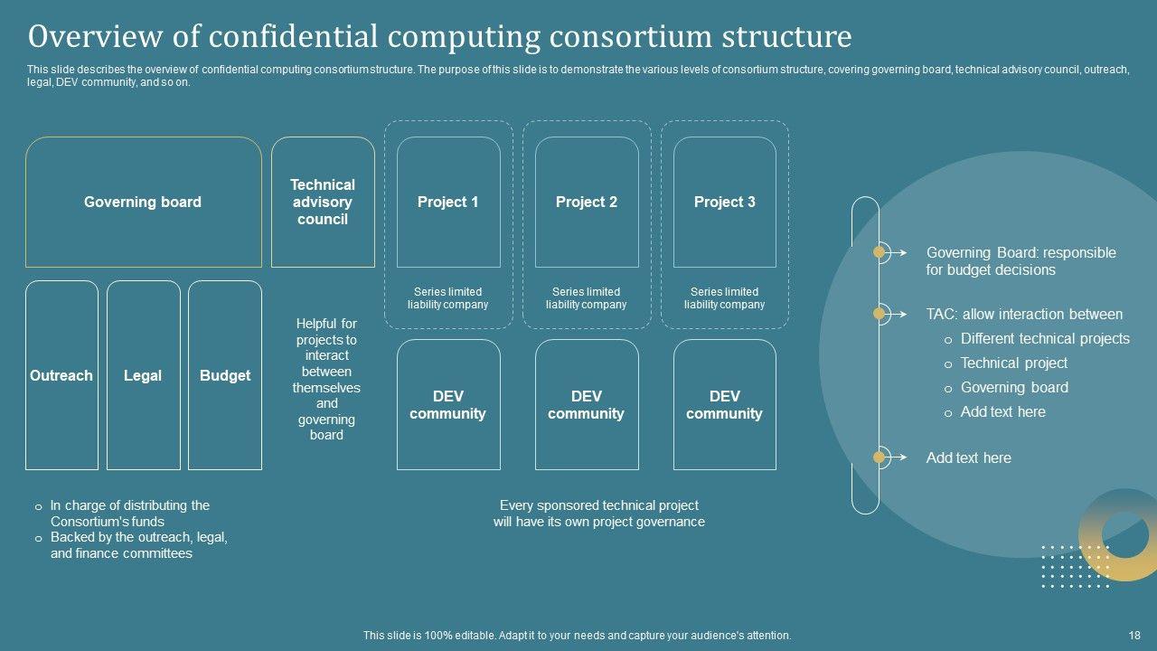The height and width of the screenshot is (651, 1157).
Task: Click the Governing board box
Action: point(143,203)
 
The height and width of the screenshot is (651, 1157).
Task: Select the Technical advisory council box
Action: point(323,203)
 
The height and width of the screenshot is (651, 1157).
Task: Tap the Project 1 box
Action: point(448,203)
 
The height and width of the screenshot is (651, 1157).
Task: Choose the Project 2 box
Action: point(587,203)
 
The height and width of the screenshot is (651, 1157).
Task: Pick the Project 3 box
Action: point(725,203)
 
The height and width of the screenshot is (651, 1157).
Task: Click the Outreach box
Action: point(61,376)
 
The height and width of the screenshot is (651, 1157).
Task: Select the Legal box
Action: point(143,376)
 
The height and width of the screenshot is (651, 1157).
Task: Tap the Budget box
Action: point(225,376)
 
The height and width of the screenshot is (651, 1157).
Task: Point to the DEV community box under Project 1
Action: point(448,405)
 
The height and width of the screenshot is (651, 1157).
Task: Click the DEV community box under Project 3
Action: point(725,405)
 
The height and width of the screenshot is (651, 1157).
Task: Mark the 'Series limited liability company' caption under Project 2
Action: point(587,298)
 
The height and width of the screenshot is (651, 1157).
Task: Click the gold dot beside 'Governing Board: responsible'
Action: point(879,252)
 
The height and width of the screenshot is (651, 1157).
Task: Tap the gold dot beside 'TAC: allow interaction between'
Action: point(879,314)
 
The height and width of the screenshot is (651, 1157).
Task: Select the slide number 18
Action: point(1135,636)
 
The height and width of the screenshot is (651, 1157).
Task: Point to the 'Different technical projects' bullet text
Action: point(1045,339)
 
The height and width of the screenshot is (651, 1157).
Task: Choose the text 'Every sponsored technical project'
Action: point(599,506)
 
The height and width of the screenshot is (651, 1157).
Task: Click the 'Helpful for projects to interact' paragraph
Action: point(326,379)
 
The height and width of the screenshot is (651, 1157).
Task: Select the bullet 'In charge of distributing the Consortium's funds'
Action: point(129,514)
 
